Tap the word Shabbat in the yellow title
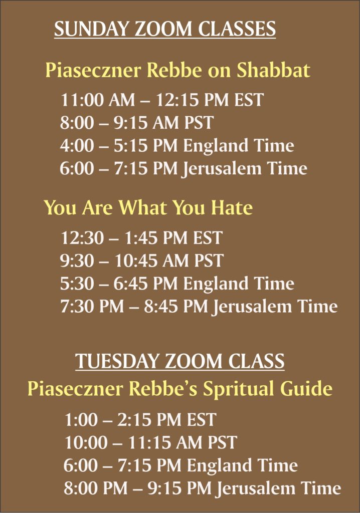(273, 70)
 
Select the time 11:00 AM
(98, 100)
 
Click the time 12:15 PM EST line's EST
(249, 100)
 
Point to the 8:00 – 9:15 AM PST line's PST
(199, 123)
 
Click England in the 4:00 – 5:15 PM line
(216, 146)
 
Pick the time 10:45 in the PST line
(136, 261)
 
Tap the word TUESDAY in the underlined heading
(117, 361)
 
